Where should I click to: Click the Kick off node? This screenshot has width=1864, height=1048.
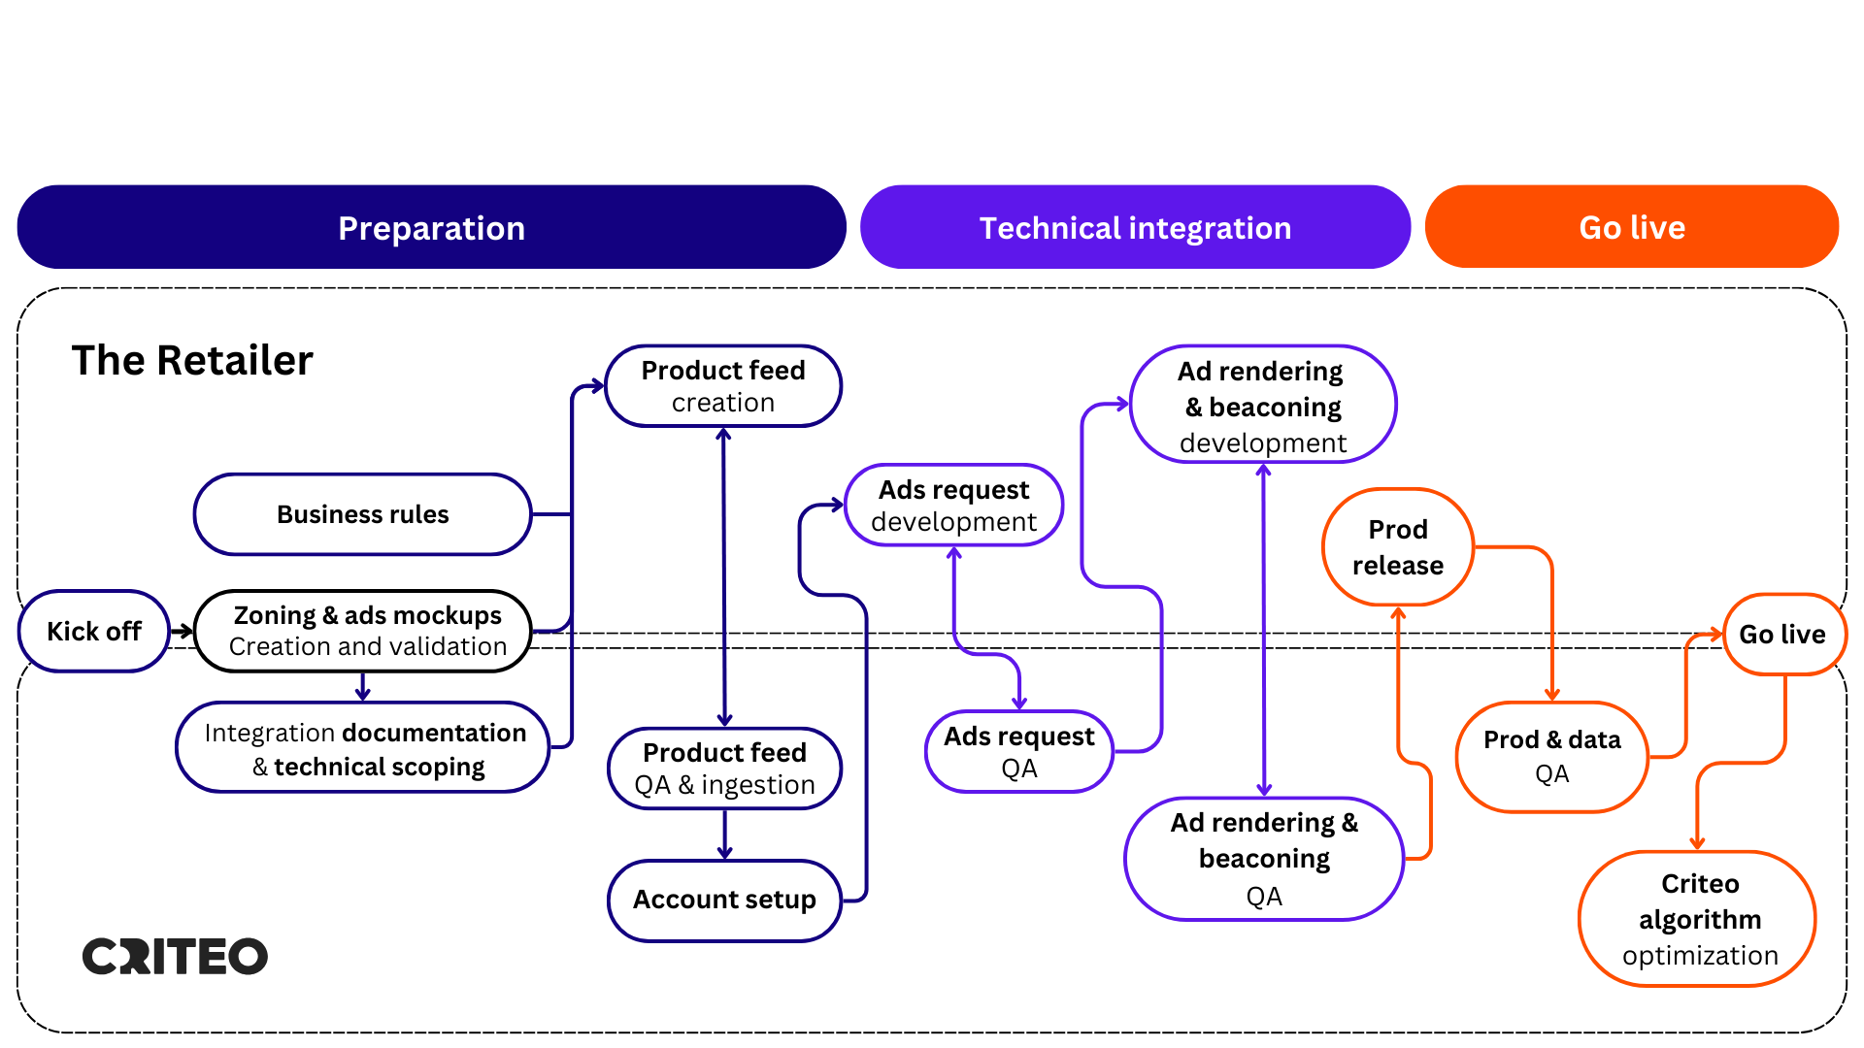(x=93, y=632)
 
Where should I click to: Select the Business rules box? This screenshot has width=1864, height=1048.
(x=362, y=514)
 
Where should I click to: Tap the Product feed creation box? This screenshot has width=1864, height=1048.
(x=723, y=386)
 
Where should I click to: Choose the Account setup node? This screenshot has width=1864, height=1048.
(x=724, y=900)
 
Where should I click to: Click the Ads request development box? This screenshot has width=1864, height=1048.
(x=954, y=505)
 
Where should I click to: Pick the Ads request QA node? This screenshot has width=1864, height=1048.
(x=1018, y=752)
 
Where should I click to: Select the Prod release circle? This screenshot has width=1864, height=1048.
(x=1398, y=547)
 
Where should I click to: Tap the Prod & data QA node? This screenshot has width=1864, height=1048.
(x=1551, y=756)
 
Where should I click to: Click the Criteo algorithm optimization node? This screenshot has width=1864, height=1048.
(x=1699, y=919)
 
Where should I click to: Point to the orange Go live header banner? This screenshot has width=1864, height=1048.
(x=1631, y=227)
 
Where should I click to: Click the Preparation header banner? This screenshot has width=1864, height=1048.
(x=431, y=227)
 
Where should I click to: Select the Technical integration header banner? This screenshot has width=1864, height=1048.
(x=1134, y=227)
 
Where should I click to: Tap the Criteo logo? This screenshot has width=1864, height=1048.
(x=175, y=956)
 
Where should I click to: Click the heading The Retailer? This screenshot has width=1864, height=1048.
(x=192, y=360)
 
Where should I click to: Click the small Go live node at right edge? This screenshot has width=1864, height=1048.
(x=1782, y=635)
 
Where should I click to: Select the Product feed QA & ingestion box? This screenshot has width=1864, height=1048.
(x=724, y=769)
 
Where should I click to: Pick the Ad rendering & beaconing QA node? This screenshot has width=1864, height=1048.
(x=1264, y=859)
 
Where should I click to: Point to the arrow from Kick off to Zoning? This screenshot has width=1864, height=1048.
(x=182, y=632)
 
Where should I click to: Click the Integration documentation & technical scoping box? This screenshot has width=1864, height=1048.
(x=364, y=748)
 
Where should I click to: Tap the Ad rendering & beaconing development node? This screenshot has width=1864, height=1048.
(x=1262, y=405)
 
